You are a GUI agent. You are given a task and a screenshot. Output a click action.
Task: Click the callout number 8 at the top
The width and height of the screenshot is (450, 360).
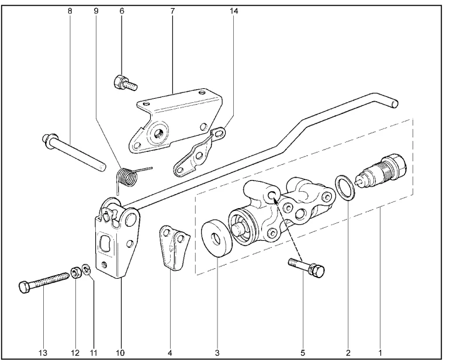(70, 11)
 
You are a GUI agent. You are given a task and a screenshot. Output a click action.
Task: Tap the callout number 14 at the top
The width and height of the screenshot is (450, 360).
(234, 11)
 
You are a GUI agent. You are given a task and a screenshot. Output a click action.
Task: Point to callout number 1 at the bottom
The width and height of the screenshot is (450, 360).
(380, 352)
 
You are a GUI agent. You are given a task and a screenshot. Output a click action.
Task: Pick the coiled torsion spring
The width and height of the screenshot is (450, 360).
(127, 175)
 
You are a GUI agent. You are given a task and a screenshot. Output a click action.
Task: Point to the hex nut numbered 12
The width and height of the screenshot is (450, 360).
(75, 272)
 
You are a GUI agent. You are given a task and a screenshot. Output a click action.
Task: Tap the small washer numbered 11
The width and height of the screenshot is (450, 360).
(86, 269)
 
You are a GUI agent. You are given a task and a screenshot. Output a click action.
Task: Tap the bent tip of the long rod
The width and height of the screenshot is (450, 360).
(395, 103)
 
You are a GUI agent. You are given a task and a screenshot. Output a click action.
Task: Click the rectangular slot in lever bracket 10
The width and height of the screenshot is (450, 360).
(105, 246)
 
